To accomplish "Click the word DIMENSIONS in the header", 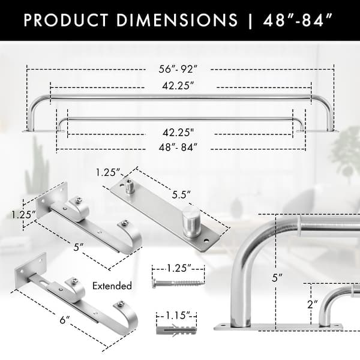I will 178,20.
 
